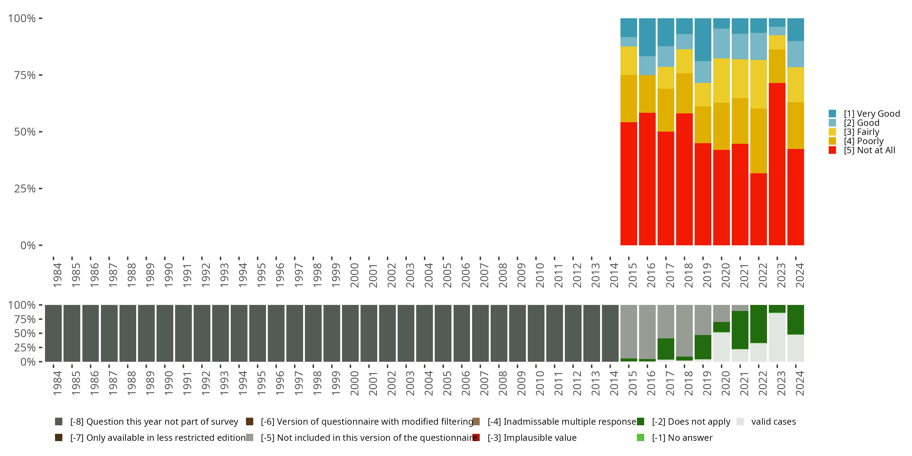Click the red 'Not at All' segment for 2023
click(x=777, y=164)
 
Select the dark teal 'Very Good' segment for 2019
click(x=703, y=39)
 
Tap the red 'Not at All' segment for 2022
click(x=758, y=209)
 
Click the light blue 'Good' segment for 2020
click(x=721, y=43)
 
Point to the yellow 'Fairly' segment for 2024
click(x=796, y=84)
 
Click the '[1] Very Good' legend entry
click(x=871, y=114)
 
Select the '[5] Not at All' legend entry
click(x=869, y=150)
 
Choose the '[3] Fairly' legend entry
click(x=861, y=132)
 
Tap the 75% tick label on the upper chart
click(x=25, y=75)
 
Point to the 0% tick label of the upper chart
click(x=28, y=245)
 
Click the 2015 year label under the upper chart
click(x=632, y=275)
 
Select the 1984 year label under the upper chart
click(x=57, y=275)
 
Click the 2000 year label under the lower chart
click(x=354, y=383)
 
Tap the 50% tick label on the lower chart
click(x=25, y=333)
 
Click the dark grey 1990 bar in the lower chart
click(x=165, y=333)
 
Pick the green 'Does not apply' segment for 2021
click(x=740, y=330)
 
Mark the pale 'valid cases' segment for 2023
click(x=777, y=337)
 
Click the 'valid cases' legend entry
click(x=773, y=422)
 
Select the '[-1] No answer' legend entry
click(x=682, y=437)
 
